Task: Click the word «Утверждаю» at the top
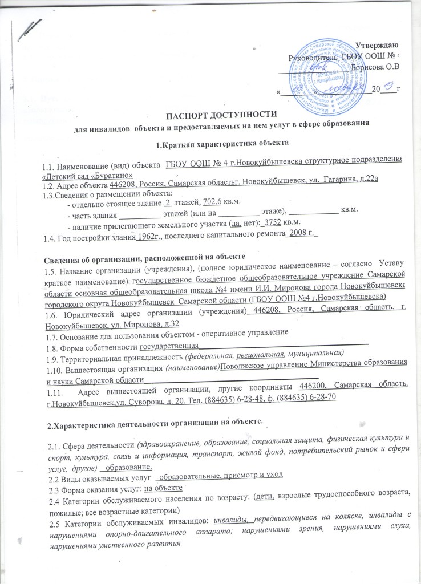377,45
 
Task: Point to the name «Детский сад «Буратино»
86,175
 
